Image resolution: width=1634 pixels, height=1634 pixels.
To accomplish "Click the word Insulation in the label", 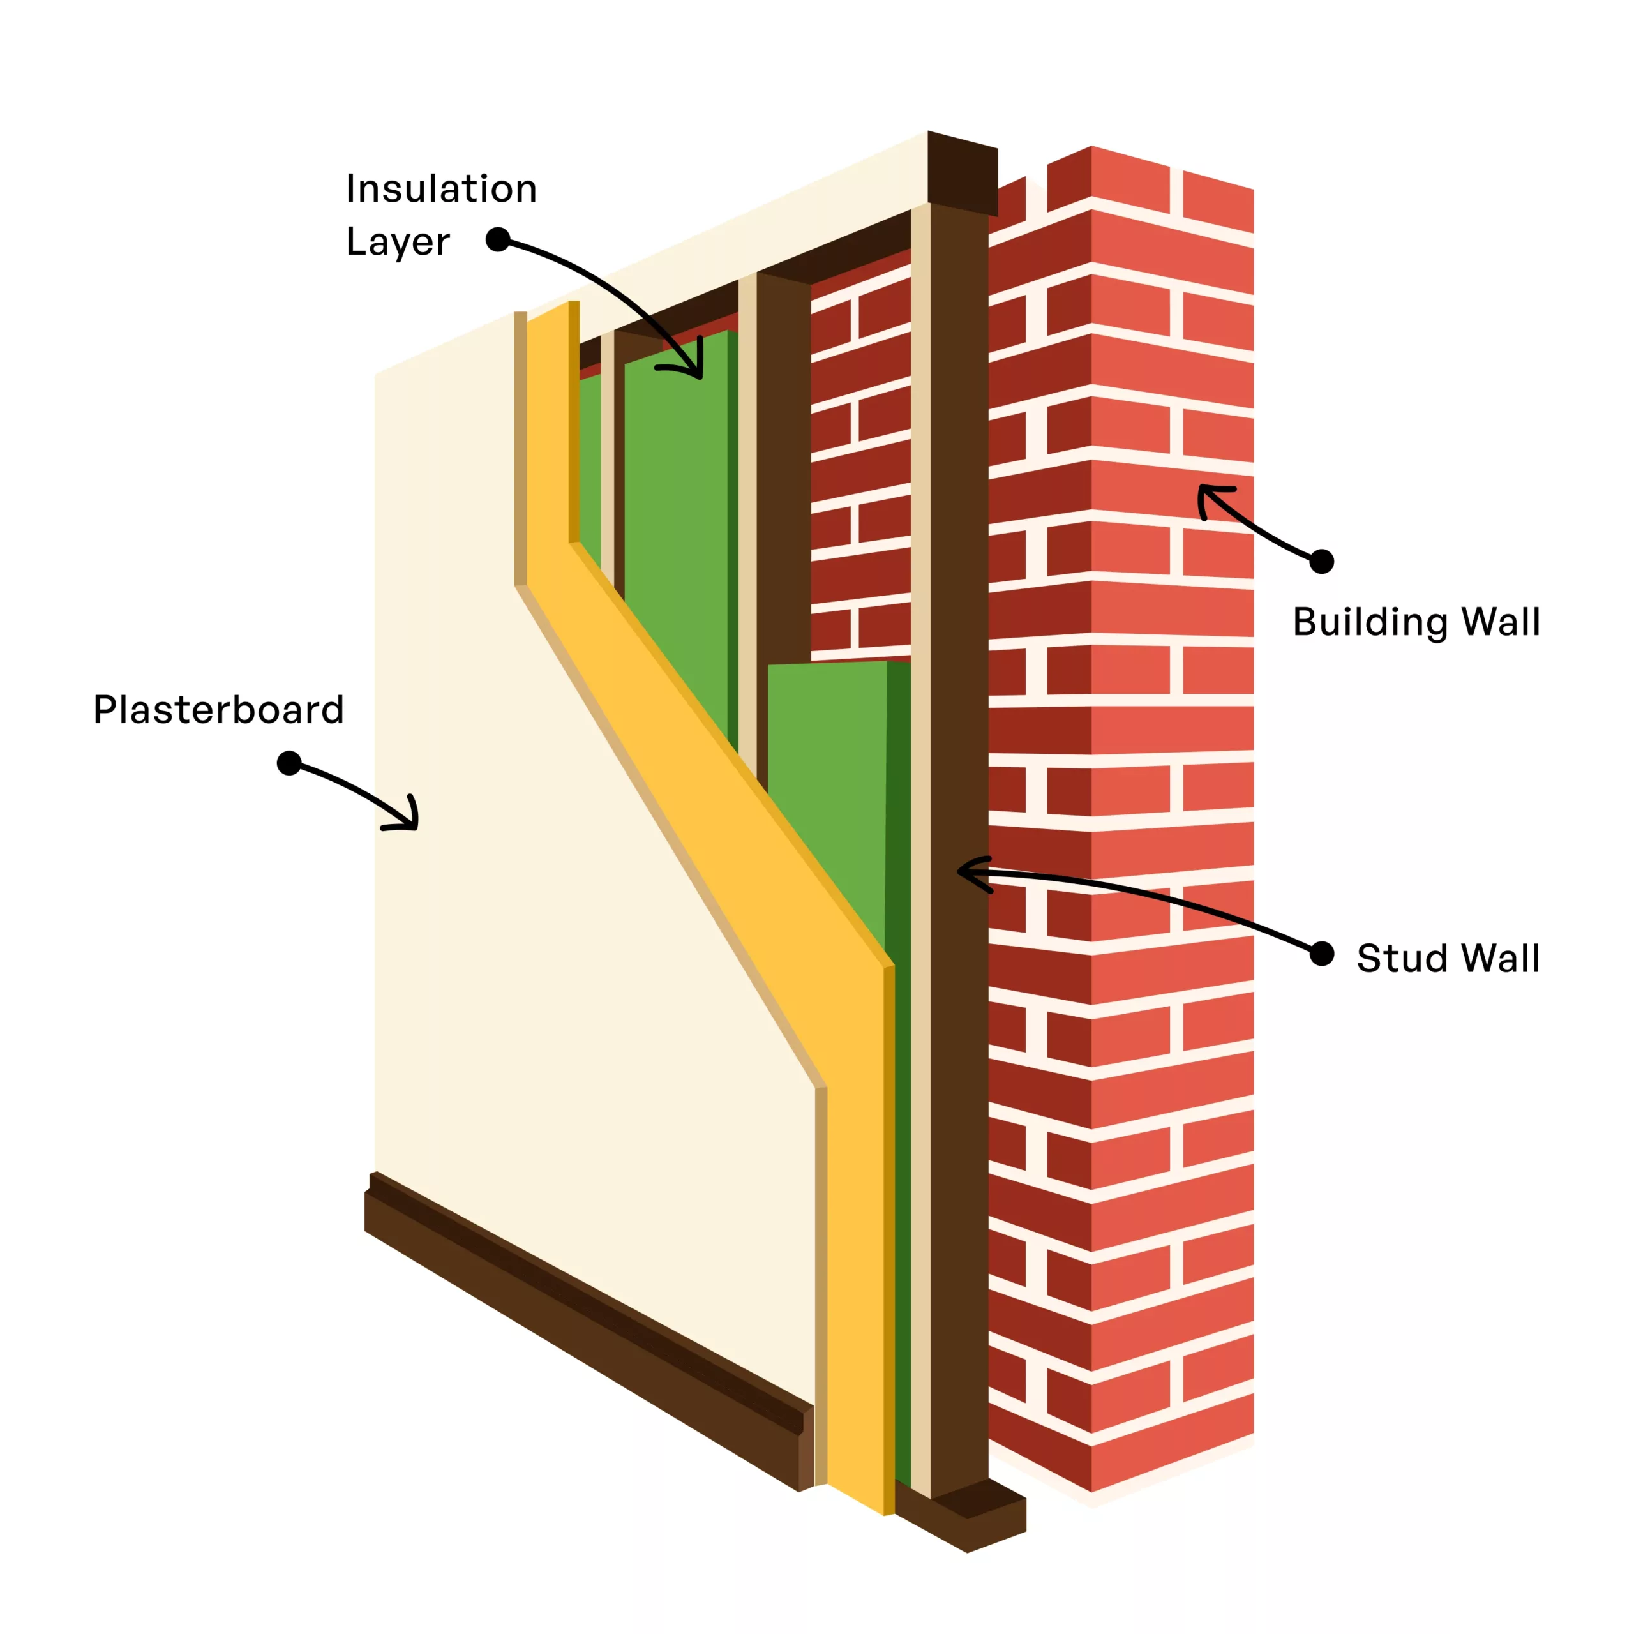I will [440, 188].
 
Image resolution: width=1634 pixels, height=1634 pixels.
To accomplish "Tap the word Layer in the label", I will [398, 242].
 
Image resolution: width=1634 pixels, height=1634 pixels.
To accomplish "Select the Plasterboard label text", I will [218, 710].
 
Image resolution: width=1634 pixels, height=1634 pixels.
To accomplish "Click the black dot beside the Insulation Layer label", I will [498, 239].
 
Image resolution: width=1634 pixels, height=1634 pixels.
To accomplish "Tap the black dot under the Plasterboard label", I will [289, 763].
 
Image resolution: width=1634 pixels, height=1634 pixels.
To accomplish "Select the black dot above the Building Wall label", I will [1321, 561].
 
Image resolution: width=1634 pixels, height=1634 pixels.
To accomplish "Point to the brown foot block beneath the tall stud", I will [973, 1522].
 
